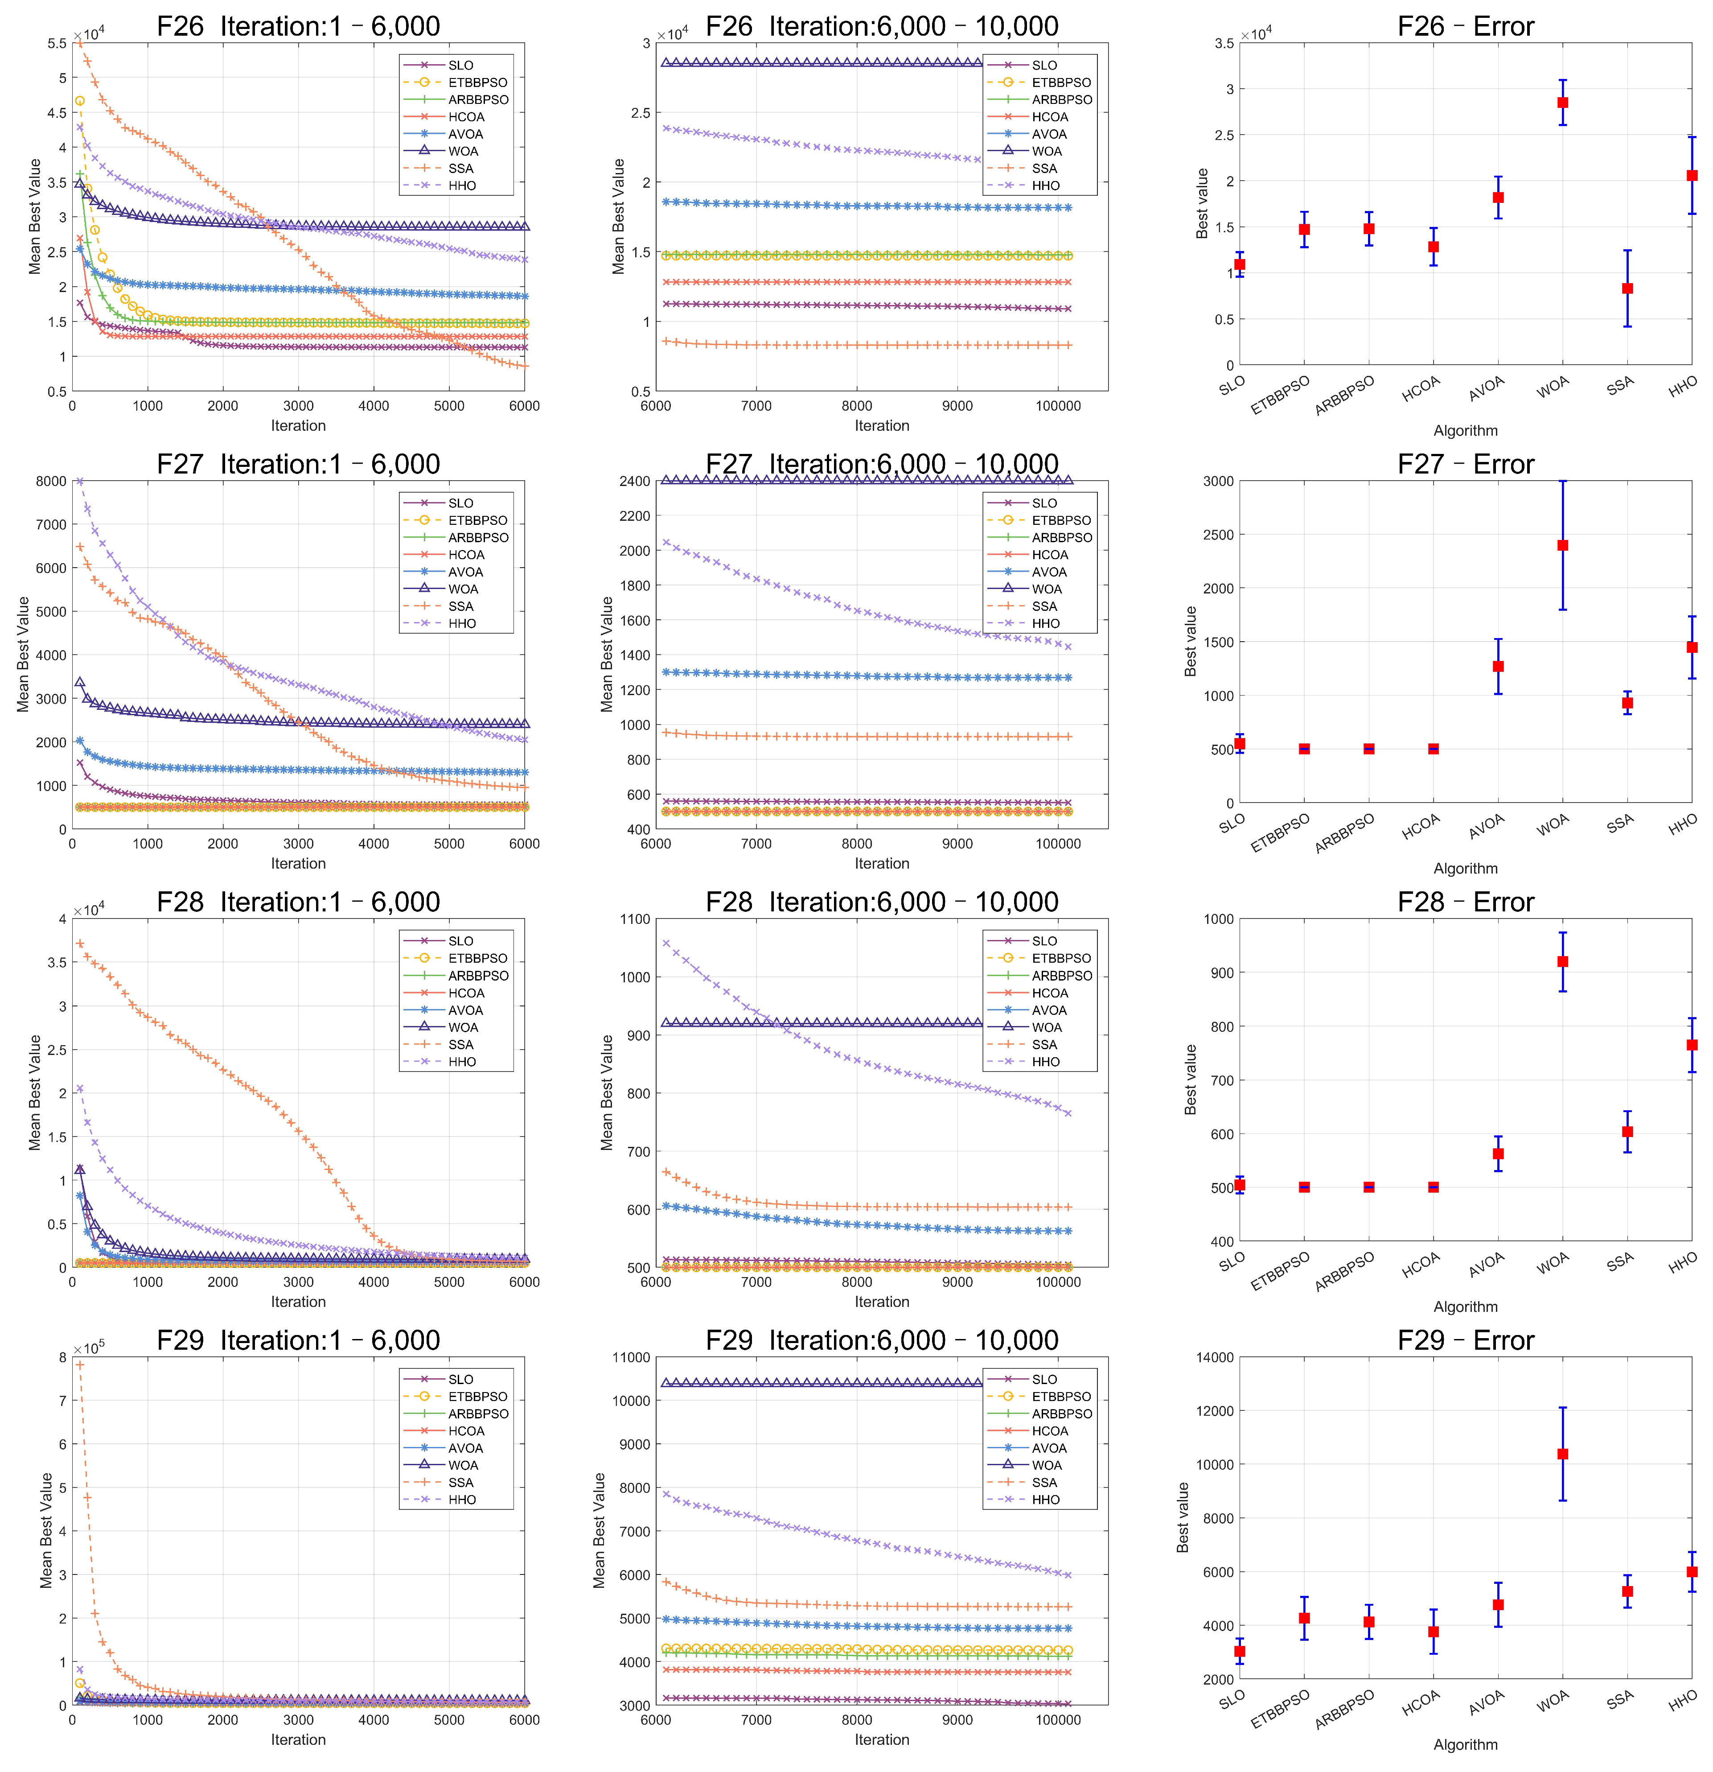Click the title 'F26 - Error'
[1465, 26]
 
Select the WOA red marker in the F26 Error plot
[1562, 102]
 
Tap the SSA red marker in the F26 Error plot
[1627, 288]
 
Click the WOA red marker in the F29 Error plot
[1562, 1454]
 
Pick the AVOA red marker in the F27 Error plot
[1498, 666]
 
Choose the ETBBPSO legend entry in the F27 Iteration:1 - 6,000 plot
[456, 520]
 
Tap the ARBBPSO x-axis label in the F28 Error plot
[1345, 1273]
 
